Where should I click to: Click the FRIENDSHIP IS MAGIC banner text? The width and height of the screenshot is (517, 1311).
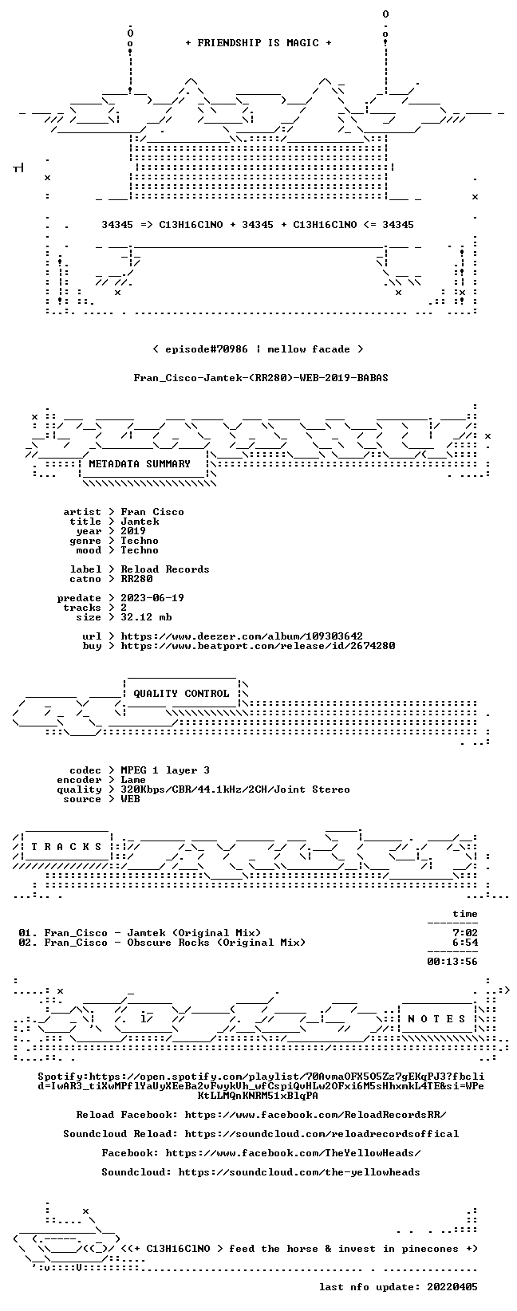(x=258, y=43)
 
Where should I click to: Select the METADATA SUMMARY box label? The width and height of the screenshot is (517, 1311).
(x=140, y=464)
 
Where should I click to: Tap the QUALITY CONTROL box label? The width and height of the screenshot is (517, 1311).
(x=181, y=694)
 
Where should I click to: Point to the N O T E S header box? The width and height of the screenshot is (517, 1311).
(x=436, y=1019)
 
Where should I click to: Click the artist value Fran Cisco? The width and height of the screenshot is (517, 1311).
(x=152, y=512)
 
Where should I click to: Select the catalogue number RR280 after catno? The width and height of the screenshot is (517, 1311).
(x=136, y=579)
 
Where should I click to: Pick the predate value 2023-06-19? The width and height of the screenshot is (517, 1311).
(x=152, y=598)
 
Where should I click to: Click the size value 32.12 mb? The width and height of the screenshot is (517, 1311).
(x=146, y=617)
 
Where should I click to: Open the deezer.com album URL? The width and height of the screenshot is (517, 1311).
(x=242, y=636)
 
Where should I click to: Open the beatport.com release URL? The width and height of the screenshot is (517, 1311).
(x=258, y=646)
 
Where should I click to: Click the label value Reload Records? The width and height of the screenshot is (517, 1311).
(x=165, y=569)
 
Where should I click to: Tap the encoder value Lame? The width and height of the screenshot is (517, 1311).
(x=133, y=780)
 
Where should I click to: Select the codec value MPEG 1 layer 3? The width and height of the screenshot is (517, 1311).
(x=165, y=770)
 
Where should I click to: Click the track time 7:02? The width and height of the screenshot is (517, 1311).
(x=465, y=933)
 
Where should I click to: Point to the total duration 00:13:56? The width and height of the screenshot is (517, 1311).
(x=452, y=962)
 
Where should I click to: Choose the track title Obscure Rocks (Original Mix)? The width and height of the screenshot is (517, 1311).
(x=216, y=943)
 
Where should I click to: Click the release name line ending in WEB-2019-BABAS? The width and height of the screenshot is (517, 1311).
(x=261, y=378)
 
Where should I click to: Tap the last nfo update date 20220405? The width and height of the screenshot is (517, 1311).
(x=452, y=1287)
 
